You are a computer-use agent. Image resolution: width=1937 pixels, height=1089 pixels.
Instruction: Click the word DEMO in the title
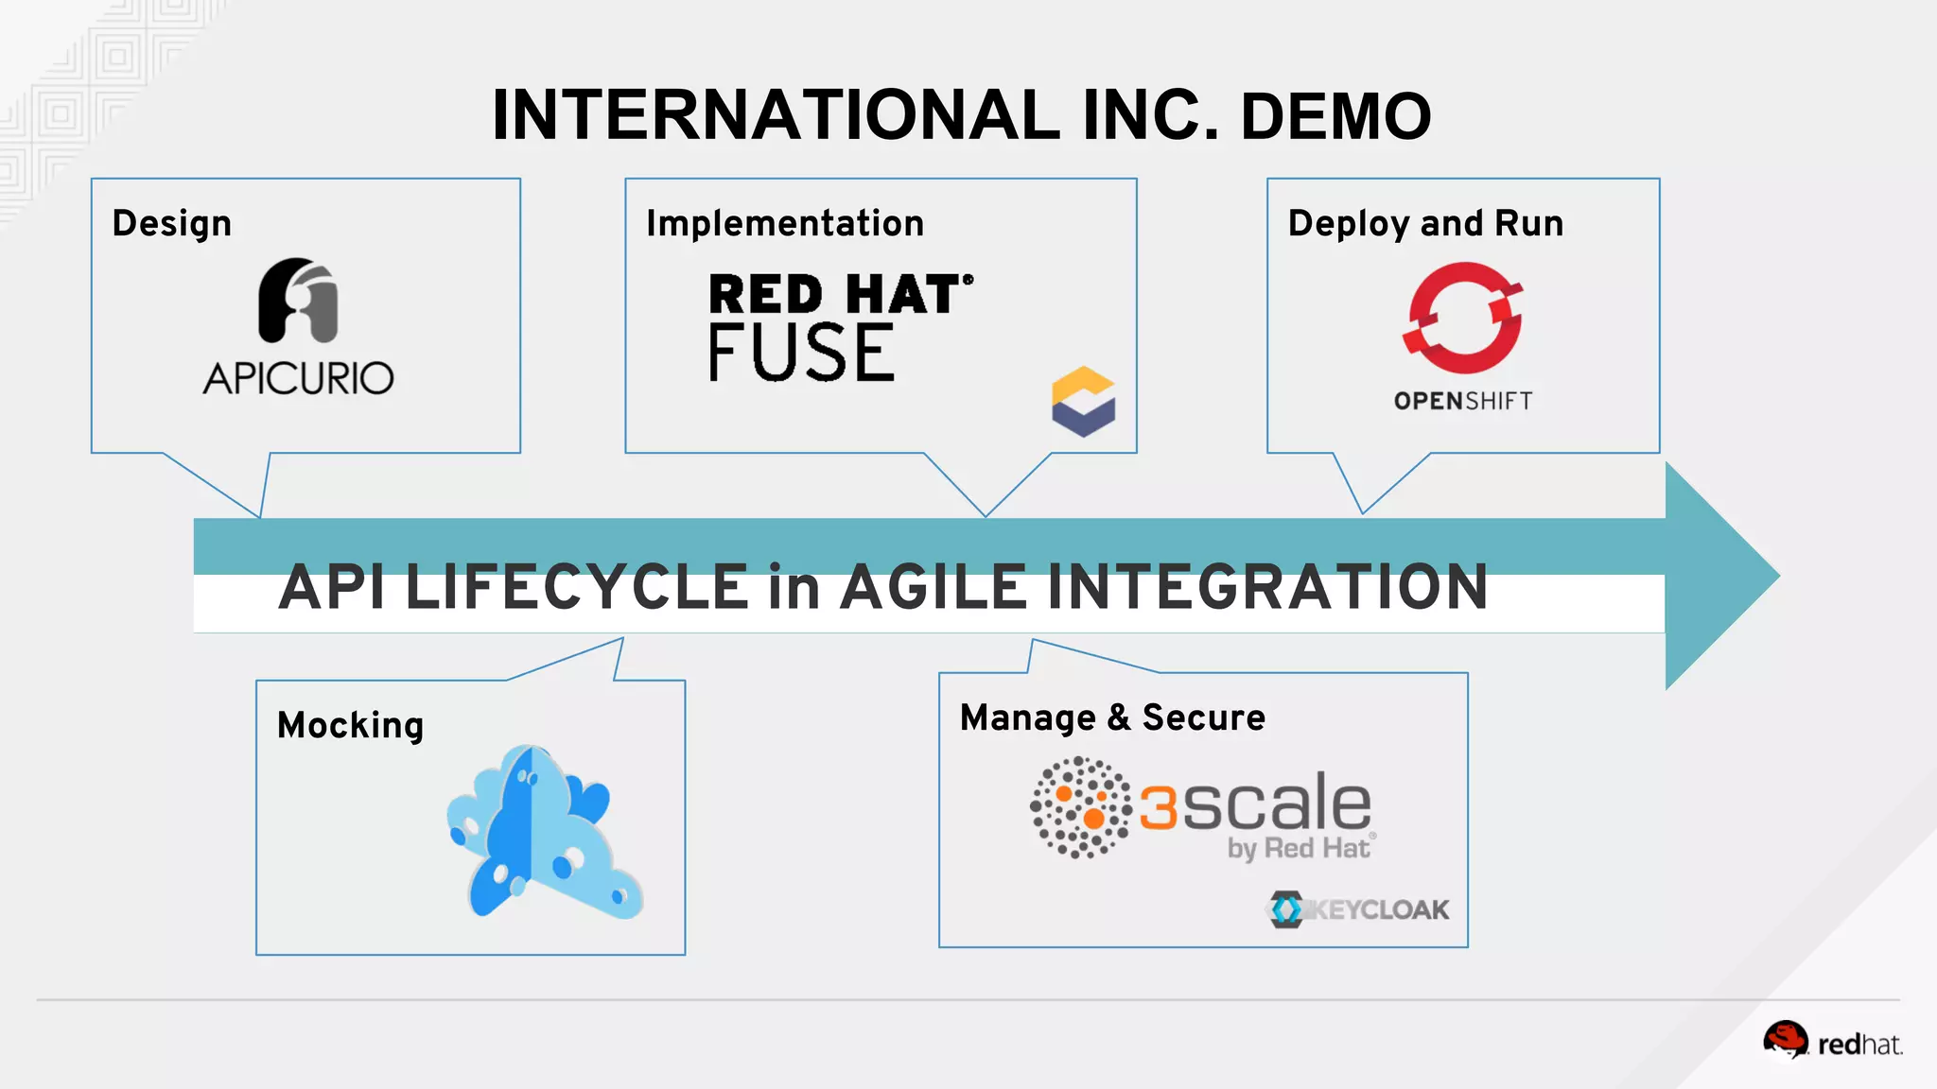tap(1335, 116)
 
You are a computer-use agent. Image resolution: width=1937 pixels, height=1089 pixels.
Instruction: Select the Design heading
tap(171, 224)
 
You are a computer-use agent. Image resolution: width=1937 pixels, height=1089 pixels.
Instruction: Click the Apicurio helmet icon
tap(298, 300)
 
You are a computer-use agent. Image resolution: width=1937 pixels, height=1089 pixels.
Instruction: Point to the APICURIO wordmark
tap(298, 378)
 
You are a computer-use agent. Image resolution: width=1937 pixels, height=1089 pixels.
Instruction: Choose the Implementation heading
tap(784, 224)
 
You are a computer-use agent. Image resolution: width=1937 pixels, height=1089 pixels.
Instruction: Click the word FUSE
tap(801, 353)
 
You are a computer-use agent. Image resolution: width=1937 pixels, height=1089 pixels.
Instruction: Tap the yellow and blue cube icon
tap(1083, 402)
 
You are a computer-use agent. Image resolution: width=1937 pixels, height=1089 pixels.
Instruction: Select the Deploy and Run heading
tap(1425, 224)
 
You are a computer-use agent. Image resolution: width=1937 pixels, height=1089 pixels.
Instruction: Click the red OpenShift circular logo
tap(1463, 318)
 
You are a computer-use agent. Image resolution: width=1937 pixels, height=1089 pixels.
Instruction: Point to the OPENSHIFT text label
tap(1463, 401)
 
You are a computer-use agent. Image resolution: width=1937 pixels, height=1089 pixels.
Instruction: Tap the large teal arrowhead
tap(1717, 575)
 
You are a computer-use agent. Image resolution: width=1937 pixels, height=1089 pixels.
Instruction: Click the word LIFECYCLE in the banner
tap(577, 587)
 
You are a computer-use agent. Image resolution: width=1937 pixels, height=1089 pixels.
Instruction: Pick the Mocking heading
tap(350, 726)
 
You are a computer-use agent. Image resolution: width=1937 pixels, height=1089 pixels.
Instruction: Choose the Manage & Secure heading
tap(1112, 718)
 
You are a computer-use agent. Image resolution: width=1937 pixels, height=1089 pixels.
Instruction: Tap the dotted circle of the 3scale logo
tap(1080, 807)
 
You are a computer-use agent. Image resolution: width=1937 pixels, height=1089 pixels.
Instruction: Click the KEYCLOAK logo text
tap(1379, 910)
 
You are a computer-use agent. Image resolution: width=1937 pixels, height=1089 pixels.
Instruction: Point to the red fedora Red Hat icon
tap(1785, 1040)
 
